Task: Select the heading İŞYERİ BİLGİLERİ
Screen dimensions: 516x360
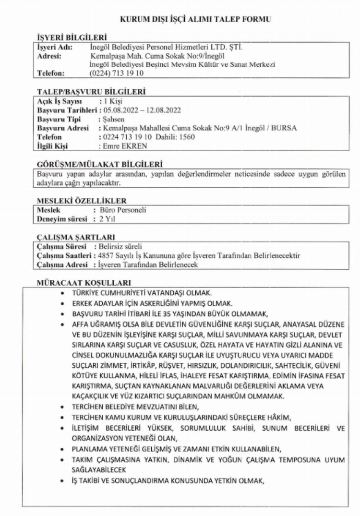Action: coord(72,38)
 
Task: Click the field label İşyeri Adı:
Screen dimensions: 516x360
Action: coord(54,47)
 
